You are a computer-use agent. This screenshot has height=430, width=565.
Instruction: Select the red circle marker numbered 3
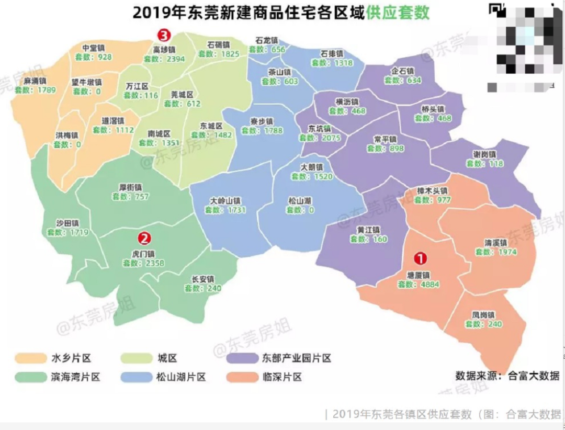tap(164, 36)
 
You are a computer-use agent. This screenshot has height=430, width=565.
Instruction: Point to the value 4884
tap(430, 285)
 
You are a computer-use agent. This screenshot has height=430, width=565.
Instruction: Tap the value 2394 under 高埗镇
tap(176, 59)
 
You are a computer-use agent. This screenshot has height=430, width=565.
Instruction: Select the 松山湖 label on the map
tap(300, 200)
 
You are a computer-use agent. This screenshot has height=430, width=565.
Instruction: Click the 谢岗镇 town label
tap(484, 154)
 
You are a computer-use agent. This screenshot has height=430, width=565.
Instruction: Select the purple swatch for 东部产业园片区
tap(242, 358)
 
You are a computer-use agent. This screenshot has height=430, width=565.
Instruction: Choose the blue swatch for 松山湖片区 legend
tap(135, 377)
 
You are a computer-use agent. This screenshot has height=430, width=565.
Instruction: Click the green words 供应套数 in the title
tap(398, 13)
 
